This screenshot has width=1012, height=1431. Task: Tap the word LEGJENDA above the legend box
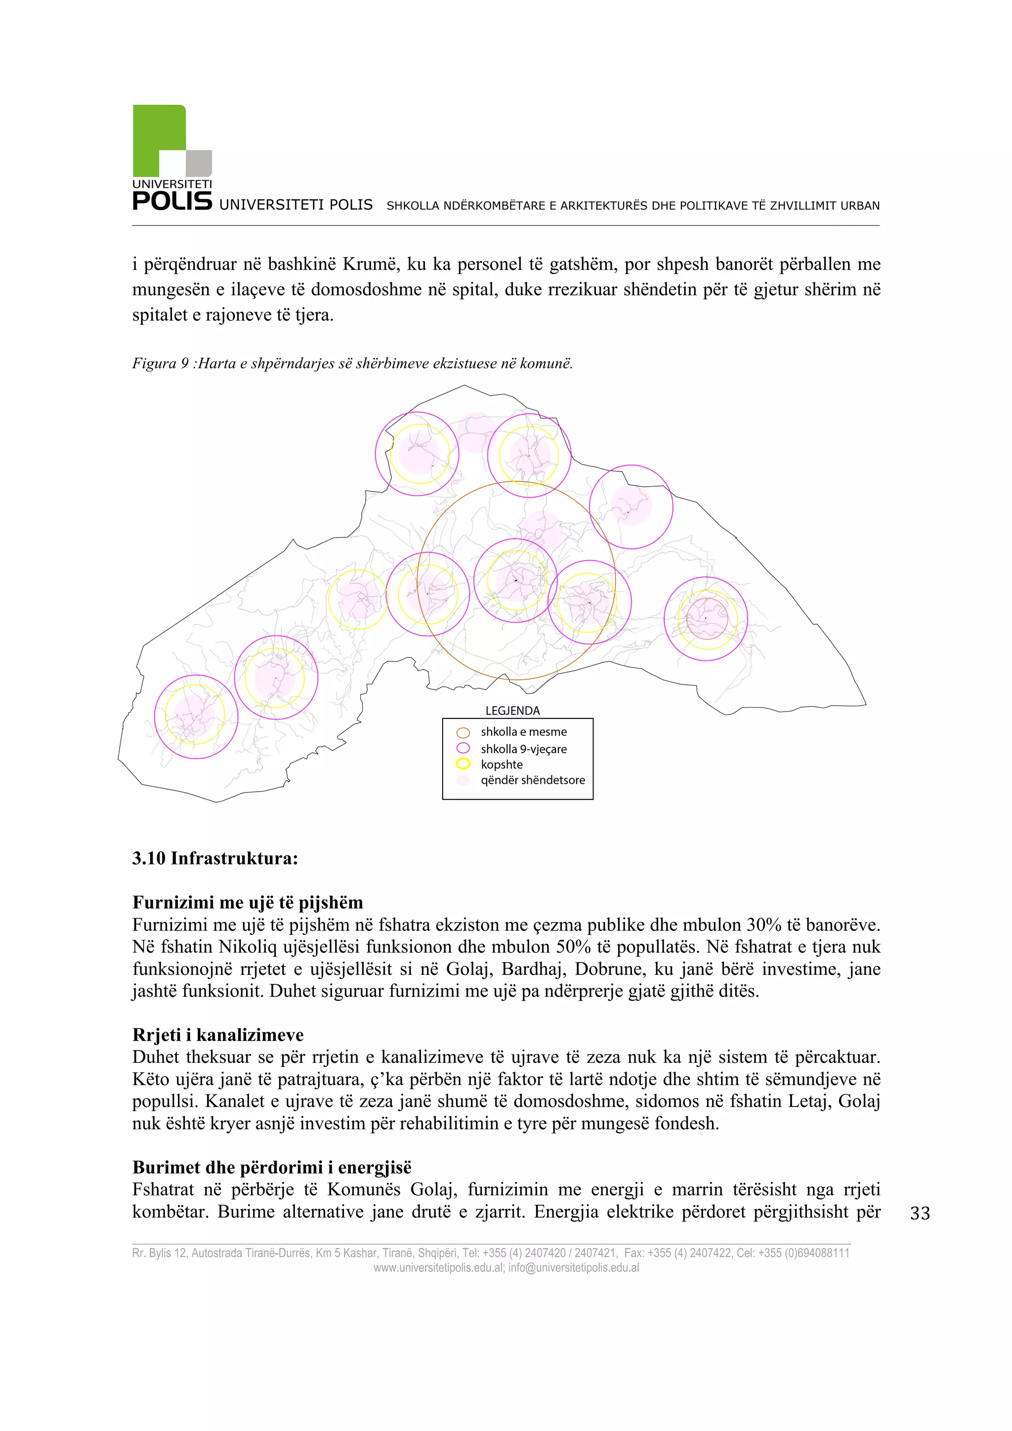click(512, 711)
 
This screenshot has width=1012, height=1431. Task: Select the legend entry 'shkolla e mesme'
click(523, 732)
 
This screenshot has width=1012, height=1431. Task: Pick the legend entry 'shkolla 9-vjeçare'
click(523, 749)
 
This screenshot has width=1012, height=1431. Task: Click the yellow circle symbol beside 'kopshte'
click(463, 764)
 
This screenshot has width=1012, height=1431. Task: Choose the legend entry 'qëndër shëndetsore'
click(532, 780)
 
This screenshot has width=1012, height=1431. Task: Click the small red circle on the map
click(707, 618)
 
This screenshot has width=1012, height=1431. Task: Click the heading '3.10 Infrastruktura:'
click(215, 858)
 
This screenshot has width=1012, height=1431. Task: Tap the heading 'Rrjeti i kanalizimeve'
click(218, 1035)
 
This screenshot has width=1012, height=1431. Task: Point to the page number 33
click(920, 1213)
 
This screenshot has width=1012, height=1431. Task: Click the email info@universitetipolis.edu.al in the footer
click(573, 1268)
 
